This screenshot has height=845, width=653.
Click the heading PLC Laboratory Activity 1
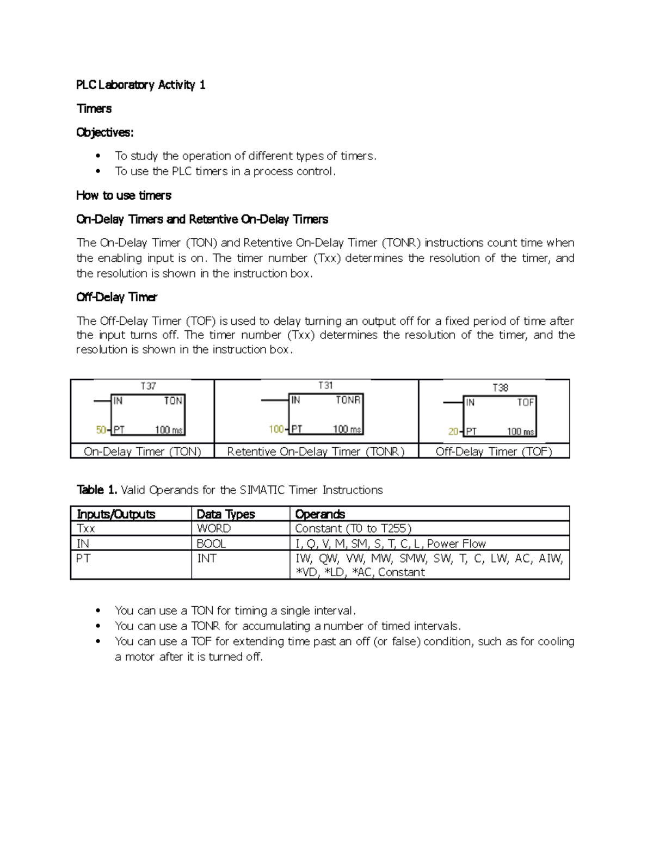[140, 85]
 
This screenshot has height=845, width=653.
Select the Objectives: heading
[104, 132]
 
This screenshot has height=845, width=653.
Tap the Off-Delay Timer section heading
[116, 297]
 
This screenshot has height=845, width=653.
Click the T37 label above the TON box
[148, 386]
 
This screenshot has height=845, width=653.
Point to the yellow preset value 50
[101, 430]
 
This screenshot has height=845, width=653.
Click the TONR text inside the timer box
[348, 400]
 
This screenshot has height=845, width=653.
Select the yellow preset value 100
[276, 429]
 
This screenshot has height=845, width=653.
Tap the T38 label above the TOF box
[500, 387]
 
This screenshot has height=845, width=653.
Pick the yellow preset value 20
[453, 431]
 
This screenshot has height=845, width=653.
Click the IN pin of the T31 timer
[295, 400]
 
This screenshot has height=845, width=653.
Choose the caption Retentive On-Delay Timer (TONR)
[316, 452]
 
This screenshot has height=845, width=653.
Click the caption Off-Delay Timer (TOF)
[494, 452]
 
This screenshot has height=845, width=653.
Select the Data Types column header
[225, 514]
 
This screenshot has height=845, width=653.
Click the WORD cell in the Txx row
[213, 528]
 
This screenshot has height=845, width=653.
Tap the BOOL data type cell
[211, 544]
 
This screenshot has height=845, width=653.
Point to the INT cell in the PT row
[206, 558]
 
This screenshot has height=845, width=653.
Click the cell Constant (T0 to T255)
[353, 528]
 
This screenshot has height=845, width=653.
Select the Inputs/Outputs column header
[116, 514]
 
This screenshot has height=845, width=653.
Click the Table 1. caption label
[97, 490]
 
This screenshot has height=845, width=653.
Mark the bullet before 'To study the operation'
[98, 156]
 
